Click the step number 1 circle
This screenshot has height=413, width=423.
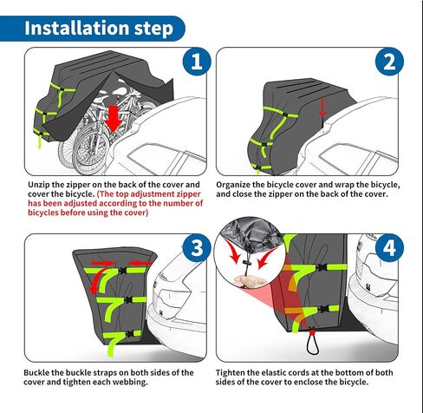point(197,62)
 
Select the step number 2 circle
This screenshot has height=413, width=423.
point(389,62)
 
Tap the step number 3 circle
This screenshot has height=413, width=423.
point(197,247)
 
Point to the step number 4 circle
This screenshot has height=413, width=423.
point(389,247)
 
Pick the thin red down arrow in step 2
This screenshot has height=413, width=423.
point(322,107)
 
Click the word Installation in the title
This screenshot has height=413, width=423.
point(76,28)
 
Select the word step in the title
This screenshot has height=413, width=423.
point(153,29)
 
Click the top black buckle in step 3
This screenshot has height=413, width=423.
point(123,271)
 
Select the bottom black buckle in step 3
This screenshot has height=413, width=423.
point(130,333)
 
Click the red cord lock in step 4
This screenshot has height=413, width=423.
point(312,331)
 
